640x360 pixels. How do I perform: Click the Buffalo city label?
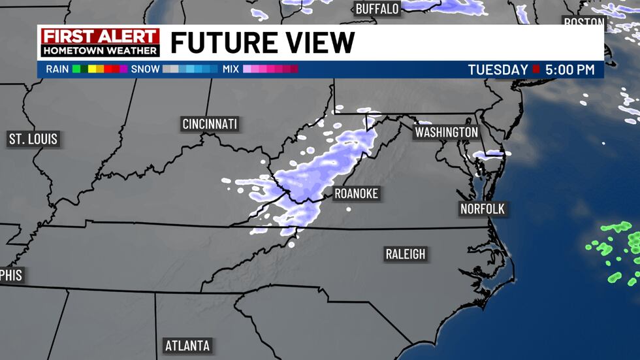(x=377, y=8)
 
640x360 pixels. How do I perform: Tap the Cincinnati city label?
(x=210, y=124)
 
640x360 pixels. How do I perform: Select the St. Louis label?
(x=33, y=139)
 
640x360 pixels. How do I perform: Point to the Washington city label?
(x=447, y=132)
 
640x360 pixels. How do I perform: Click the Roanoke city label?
(x=356, y=193)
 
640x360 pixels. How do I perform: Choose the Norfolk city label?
(x=483, y=209)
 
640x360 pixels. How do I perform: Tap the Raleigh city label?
(x=405, y=254)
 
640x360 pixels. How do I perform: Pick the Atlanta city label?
(x=187, y=345)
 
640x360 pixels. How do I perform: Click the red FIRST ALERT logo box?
(x=100, y=37)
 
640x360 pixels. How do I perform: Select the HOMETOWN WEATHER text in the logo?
(x=100, y=50)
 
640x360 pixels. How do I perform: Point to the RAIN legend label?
(x=57, y=69)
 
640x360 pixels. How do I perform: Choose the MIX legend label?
(x=231, y=69)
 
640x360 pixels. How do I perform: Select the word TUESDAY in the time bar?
(x=498, y=69)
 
